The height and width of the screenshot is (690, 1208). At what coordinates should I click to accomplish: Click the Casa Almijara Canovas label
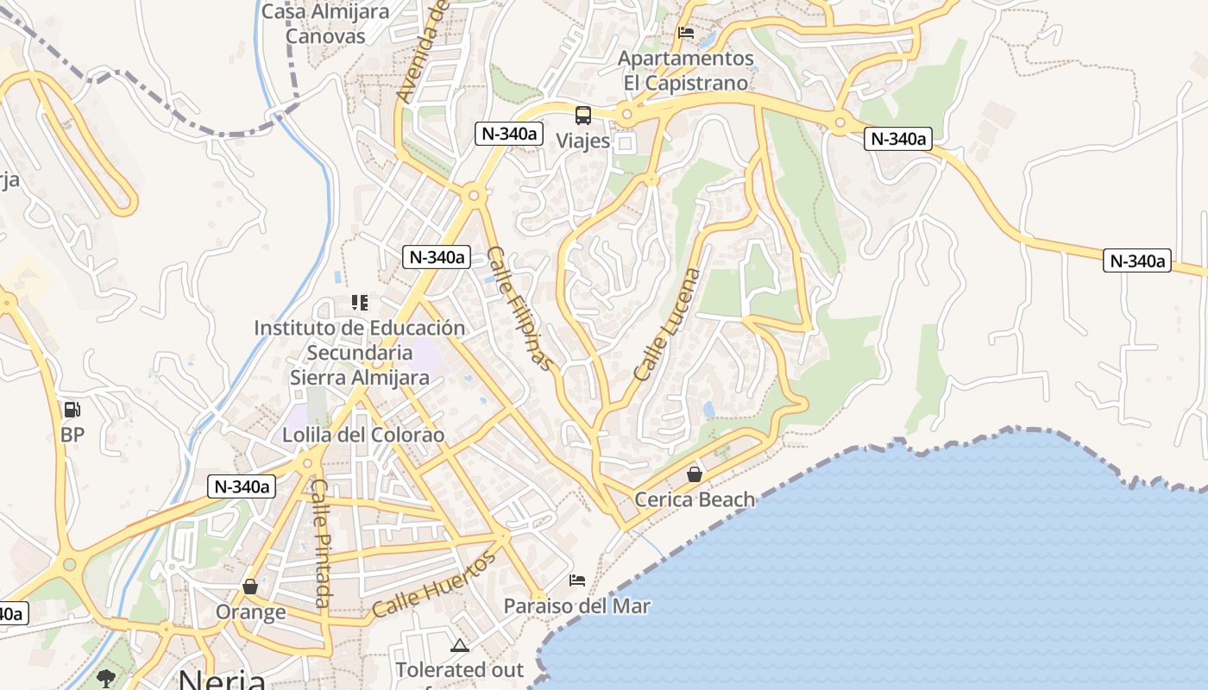325,24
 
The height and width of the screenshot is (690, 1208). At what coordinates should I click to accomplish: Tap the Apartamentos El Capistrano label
687,71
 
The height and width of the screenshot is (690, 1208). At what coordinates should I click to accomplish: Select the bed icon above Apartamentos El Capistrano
687,33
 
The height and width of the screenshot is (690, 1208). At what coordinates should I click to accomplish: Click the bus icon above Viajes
583,115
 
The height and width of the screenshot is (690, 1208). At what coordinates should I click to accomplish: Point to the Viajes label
583,141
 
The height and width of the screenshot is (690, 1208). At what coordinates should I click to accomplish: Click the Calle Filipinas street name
519,308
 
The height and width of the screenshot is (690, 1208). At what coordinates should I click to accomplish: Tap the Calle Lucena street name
668,324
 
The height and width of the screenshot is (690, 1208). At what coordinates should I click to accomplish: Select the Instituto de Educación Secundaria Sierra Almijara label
359,353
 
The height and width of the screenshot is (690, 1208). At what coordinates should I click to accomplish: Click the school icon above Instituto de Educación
360,303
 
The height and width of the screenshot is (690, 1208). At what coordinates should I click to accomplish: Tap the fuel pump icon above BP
72,410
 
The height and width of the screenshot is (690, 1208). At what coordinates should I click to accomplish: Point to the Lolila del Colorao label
363,435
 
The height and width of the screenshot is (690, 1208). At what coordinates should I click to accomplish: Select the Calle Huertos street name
435,584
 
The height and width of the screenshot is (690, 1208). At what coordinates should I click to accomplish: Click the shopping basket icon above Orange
250,586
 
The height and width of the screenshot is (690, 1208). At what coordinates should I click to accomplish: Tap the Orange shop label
250,612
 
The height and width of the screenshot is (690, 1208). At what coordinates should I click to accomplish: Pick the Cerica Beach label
695,499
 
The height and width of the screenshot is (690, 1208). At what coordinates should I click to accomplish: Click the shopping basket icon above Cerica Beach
695,474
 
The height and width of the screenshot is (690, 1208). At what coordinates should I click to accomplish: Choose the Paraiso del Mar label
577,606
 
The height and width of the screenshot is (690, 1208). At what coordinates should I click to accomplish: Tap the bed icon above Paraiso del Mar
577,580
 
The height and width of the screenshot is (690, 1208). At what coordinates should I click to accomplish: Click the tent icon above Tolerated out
460,645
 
